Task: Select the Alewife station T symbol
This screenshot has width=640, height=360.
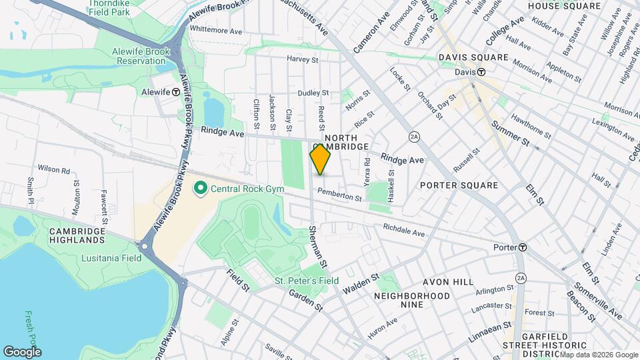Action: pyautogui.click(x=175, y=92)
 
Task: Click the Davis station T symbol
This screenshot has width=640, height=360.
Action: pyautogui.click(x=480, y=72)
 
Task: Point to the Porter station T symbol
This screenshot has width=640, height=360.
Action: pyautogui.click(x=523, y=247)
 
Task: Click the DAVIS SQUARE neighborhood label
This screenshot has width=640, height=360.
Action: pyautogui.click(x=474, y=57)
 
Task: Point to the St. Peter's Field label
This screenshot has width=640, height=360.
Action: pyautogui.click(x=307, y=281)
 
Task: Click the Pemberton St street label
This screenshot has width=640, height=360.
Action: pyautogui.click(x=339, y=195)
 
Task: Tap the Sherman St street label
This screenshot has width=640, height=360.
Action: pyautogui.click(x=318, y=247)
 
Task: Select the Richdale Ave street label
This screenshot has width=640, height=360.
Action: pyautogui.click(x=403, y=230)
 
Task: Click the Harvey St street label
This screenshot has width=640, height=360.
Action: pyautogui.click(x=302, y=59)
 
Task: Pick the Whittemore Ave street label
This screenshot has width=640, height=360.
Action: pyautogui.click(x=216, y=31)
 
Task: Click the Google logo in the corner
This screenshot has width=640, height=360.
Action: pyautogui.click(x=22, y=351)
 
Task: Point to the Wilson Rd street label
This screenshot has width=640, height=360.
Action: pyautogui.click(x=54, y=170)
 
